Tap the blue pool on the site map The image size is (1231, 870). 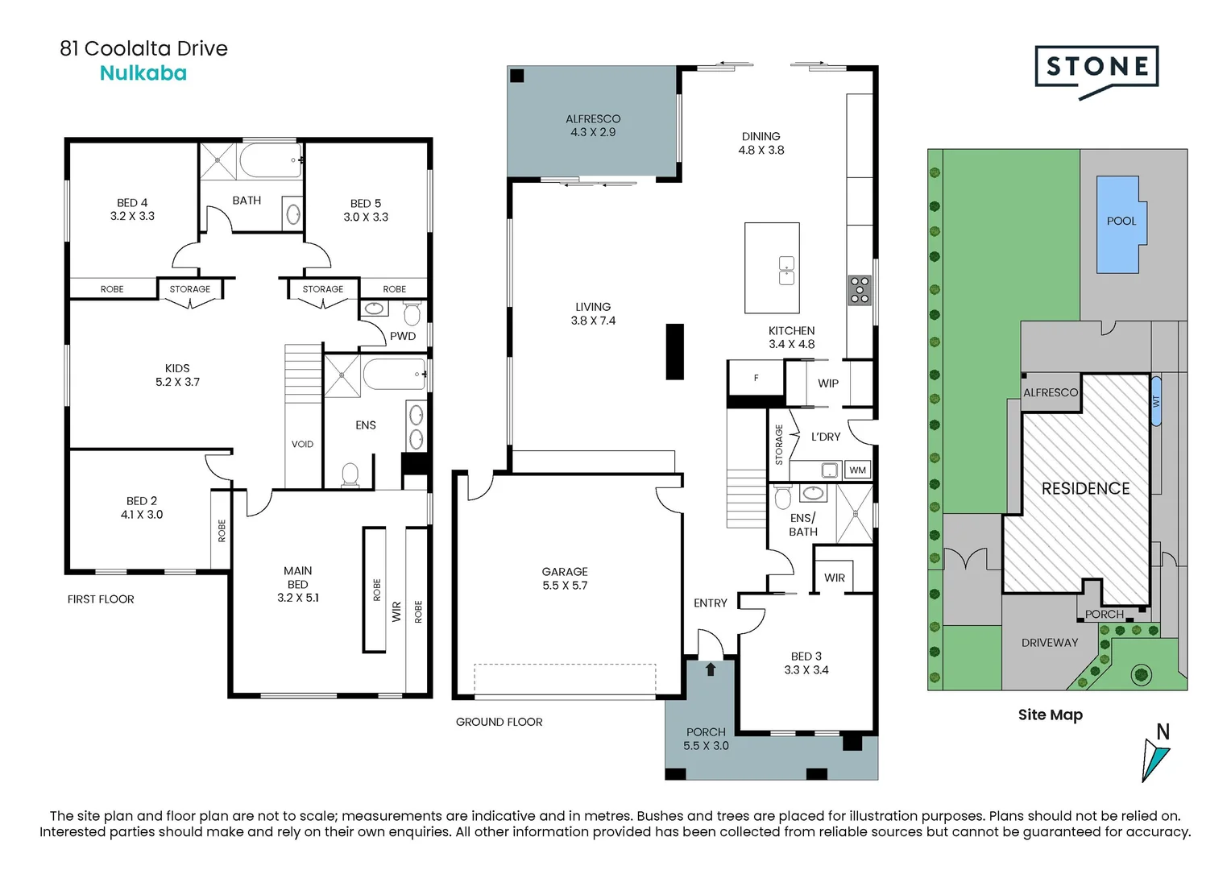(x=1118, y=224)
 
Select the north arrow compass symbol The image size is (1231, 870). (x=1155, y=754)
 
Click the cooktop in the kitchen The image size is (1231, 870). (x=860, y=290)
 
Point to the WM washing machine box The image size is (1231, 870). (x=858, y=470)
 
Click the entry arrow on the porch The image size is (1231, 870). (x=711, y=669)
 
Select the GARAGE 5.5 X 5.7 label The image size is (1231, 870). (x=565, y=578)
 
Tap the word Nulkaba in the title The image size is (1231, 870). (x=143, y=73)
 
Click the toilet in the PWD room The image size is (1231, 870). (x=412, y=313)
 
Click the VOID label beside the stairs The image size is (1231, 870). (x=302, y=444)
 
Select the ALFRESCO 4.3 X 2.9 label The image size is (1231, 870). (x=593, y=126)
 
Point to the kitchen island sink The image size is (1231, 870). (x=786, y=271)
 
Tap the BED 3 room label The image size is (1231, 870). (x=806, y=663)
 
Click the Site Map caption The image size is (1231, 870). (x=1050, y=715)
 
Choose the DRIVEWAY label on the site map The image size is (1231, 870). (x=1049, y=642)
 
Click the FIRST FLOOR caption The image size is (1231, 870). (x=101, y=599)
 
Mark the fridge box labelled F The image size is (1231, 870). (x=756, y=378)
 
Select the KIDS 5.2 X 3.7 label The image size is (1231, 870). (x=177, y=375)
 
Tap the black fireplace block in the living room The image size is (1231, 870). (x=675, y=351)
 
